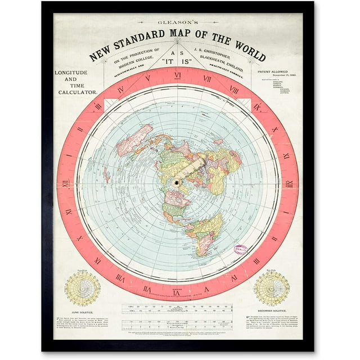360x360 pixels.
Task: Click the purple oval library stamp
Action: pyautogui.click(x=241, y=250)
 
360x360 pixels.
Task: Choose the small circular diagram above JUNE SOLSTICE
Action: pyautogui.click(x=82, y=288)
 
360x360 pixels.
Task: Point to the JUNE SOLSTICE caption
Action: pyautogui.click(x=82, y=310)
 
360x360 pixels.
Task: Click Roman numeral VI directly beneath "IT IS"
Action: pyautogui.click(x=177, y=75)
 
